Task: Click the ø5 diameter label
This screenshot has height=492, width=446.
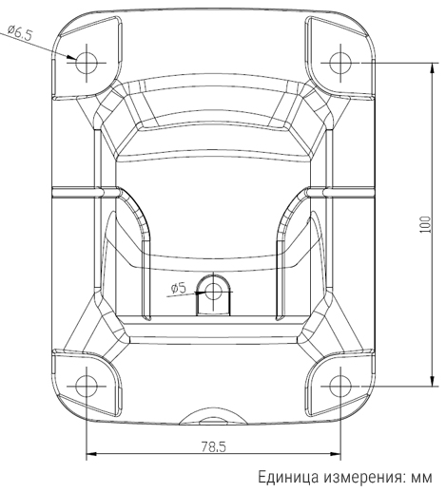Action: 180,288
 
